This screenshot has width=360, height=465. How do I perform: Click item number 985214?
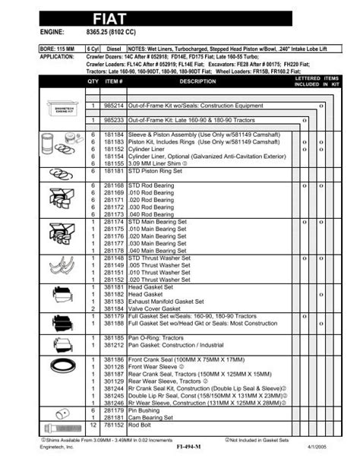114,107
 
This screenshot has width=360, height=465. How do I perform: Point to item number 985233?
114,121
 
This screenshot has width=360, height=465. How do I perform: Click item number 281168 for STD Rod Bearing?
114,185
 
